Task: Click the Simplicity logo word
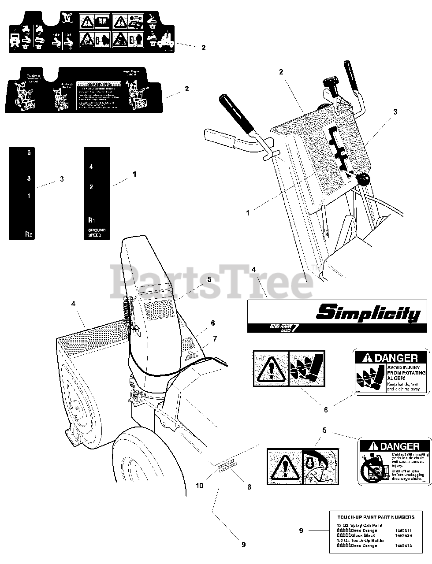(368, 313)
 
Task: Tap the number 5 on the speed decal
(29, 153)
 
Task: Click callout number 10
(199, 473)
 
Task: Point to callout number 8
(249, 475)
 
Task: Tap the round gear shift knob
(363, 179)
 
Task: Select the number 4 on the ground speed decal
(91, 167)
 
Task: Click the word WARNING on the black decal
(99, 84)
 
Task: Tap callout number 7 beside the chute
(215, 339)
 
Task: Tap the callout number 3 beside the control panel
(395, 112)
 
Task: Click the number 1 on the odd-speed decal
(29, 196)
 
